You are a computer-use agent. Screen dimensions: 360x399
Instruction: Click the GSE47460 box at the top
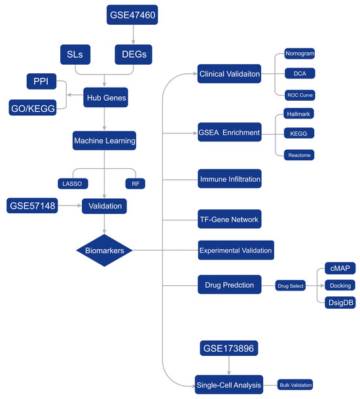[132, 15]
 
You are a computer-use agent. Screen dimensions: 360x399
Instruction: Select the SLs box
[75, 54]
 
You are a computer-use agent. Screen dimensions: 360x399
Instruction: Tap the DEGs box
[134, 54]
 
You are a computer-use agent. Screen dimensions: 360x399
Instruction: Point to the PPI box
[41, 81]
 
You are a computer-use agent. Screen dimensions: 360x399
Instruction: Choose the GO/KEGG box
[33, 108]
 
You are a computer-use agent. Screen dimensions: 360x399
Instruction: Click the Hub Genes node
[105, 97]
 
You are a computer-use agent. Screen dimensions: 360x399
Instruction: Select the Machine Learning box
[104, 141]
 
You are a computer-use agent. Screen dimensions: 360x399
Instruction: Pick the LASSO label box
[73, 184]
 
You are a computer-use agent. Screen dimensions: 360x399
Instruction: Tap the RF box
[135, 184]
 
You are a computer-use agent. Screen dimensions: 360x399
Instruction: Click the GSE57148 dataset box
[32, 205]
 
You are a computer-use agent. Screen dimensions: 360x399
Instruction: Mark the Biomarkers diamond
[104, 251]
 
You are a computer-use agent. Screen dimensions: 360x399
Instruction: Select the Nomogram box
[300, 54]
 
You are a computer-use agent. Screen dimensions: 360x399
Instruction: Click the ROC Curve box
[300, 95]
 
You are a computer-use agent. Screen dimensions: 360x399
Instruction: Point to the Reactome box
[299, 155]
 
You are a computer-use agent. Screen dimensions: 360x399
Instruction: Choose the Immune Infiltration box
[230, 179]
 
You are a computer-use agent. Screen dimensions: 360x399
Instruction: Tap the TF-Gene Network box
[229, 219]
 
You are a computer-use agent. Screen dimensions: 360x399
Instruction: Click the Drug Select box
[290, 286]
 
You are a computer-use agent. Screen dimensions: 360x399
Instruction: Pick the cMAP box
[340, 268]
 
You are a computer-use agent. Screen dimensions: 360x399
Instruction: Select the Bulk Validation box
[295, 385]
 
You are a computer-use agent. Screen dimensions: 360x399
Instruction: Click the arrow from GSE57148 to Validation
[69, 205]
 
